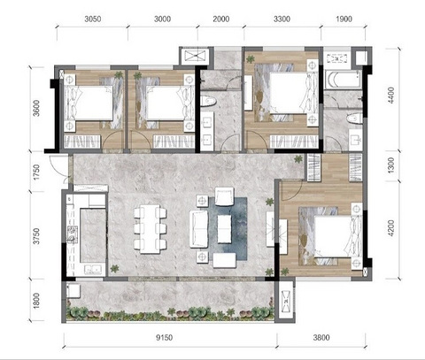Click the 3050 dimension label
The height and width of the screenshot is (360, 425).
click(x=93, y=19)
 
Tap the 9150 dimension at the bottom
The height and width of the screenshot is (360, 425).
click(x=164, y=338)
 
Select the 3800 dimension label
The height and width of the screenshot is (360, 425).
click(x=321, y=338)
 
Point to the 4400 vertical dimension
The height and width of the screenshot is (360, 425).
click(x=390, y=95)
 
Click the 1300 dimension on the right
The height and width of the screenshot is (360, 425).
click(x=390, y=165)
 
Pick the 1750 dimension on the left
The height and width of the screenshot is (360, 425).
click(x=36, y=172)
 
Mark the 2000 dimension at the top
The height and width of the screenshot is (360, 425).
click(x=221, y=19)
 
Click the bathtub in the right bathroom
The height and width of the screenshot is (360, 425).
click(x=344, y=79)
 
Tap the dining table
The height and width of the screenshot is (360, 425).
click(x=151, y=229)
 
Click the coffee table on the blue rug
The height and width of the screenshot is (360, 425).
click(x=224, y=229)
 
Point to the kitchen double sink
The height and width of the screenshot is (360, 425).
click(x=93, y=270)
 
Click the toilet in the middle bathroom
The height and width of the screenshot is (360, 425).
click(x=208, y=101)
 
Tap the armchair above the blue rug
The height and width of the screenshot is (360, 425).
click(x=224, y=196)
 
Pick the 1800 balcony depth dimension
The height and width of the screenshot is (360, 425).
click(x=36, y=301)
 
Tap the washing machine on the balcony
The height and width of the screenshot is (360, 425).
click(x=73, y=291)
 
